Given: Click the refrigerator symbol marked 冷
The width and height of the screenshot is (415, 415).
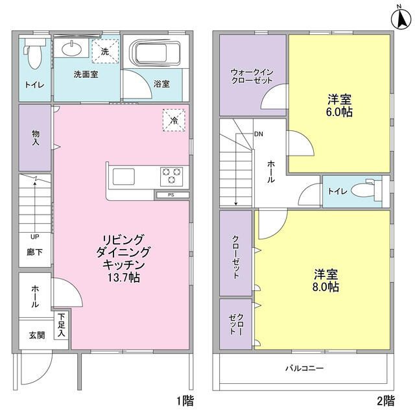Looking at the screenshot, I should point(174,120).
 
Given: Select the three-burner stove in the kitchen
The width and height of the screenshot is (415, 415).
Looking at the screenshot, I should point(171,175).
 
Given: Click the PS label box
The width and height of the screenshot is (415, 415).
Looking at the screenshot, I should point(171,195).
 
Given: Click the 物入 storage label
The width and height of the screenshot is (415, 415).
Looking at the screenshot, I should point(36,137).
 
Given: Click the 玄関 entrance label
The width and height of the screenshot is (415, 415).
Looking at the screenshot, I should point(36,335).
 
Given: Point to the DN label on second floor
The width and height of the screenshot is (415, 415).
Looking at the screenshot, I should point(259,135).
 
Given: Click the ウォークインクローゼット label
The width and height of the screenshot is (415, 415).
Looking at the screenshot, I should point(252,76).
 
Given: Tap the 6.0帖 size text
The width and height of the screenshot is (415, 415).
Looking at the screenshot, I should point(339,112).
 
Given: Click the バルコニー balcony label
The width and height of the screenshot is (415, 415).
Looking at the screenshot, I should point(304,368).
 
